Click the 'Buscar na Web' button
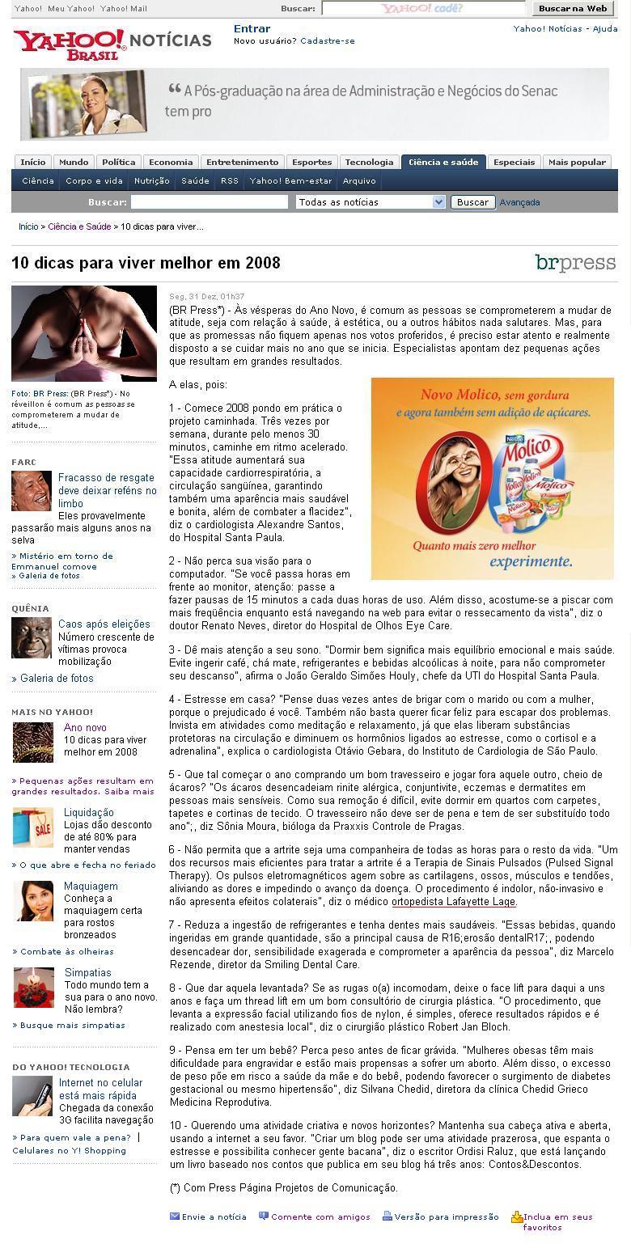573,9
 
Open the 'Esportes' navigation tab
311,162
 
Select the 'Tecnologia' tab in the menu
369,162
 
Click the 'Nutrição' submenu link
151,181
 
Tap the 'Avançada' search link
519,202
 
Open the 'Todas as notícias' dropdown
371,202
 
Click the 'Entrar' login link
252,28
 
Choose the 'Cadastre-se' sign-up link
327,40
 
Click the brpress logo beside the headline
575,263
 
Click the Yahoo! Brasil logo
69,44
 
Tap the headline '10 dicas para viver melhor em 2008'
146,263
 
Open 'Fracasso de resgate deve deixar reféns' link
107,490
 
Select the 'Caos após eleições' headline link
104,624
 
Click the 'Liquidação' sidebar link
89,812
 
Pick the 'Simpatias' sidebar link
87,972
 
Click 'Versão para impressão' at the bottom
446,1216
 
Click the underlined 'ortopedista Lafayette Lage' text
453,901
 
